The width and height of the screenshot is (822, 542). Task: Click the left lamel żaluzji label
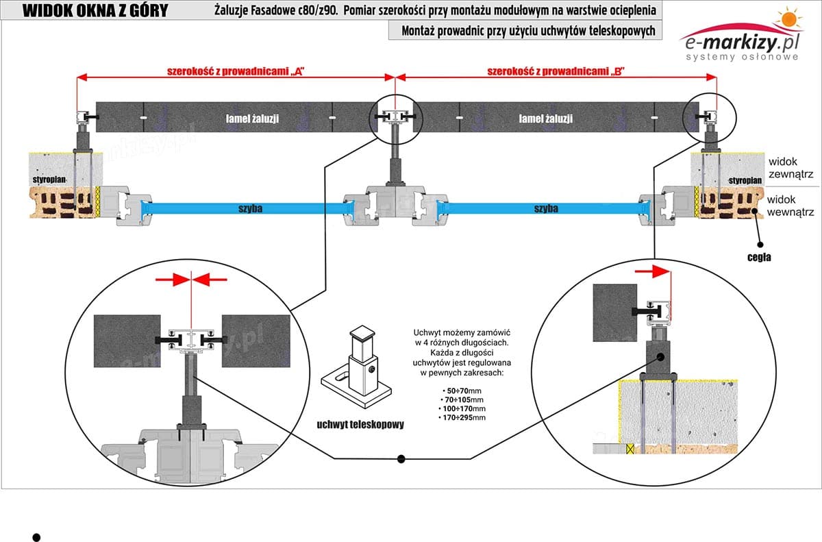click(x=252, y=119)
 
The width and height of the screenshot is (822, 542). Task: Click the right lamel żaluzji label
click(x=546, y=119)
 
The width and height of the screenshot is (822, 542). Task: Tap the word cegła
click(x=759, y=258)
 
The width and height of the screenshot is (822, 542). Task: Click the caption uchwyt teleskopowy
click(x=360, y=424)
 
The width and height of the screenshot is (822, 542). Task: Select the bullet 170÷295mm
click(x=464, y=417)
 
